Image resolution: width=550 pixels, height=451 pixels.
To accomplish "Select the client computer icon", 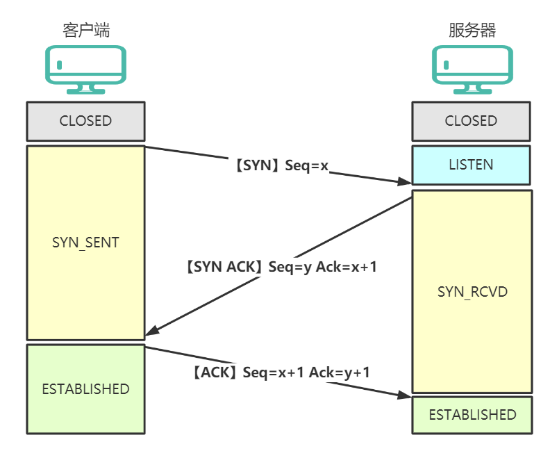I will tap(85, 69).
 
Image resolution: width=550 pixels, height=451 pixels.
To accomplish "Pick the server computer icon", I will tap(472, 69).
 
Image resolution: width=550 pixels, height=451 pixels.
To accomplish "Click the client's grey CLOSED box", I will tap(85, 121).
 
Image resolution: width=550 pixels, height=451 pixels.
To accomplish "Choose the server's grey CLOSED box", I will tap(472, 121).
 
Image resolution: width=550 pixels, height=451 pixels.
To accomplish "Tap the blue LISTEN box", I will tap(472, 165).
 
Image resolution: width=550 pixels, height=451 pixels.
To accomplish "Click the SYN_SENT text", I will tap(85, 243).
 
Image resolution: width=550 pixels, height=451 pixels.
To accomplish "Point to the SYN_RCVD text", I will tap(472, 291).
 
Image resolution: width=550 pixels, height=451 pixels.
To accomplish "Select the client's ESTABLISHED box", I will tap(85, 389).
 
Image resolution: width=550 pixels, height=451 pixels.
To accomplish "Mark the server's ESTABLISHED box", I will tap(472, 415).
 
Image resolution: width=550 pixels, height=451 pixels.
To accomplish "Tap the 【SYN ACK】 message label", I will tap(281, 266).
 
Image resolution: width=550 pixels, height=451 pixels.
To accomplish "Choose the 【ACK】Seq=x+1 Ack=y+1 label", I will tap(281, 372).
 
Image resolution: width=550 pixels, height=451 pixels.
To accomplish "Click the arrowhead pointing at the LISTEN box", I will tap(406, 182).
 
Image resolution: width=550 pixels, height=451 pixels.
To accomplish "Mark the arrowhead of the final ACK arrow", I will tap(406, 395).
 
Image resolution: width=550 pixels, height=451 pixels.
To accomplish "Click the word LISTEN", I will tap(472, 165).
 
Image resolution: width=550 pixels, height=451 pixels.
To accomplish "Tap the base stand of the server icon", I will tap(472, 90).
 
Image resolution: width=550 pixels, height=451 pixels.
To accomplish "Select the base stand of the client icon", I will tap(85, 90).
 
